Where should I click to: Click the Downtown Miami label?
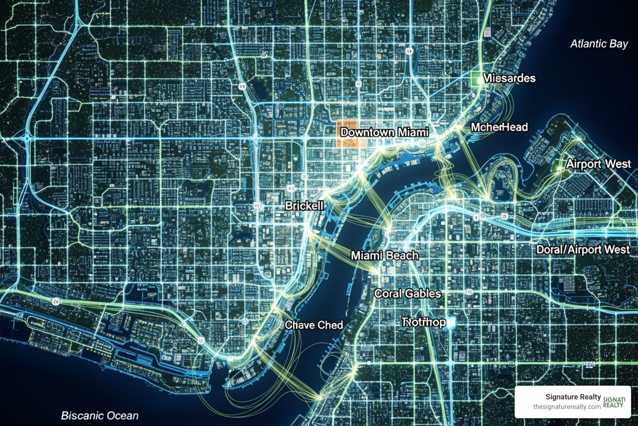(x=384, y=132)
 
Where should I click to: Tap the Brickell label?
(x=304, y=206)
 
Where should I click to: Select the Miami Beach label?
(x=385, y=255)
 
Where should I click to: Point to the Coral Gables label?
(x=407, y=293)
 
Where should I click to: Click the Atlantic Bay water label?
(x=599, y=44)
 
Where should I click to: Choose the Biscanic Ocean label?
(x=100, y=415)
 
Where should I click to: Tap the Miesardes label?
(x=509, y=78)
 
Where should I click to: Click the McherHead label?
(x=499, y=127)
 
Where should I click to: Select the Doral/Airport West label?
(x=583, y=250)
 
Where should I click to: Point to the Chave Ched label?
(x=314, y=324)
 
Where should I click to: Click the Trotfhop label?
(x=424, y=322)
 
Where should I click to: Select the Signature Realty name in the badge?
(x=573, y=397)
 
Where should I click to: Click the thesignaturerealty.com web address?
(x=567, y=406)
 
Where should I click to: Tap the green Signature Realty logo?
(x=614, y=402)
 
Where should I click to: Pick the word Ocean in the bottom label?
(x=122, y=415)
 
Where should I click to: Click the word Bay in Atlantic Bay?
(x=618, y=44)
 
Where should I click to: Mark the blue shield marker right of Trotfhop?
(x=451, y=322)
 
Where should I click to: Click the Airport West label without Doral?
(x=598, y=164)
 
